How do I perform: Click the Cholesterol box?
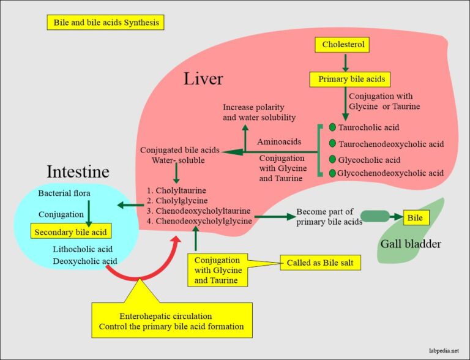click(345, 44)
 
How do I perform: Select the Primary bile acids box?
click(345, 79)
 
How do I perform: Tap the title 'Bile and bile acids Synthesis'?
click(105, 23)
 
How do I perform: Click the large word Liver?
click(204, 79)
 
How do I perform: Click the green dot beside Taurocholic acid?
click(332, 127)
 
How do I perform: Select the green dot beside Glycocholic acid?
click(332, 159)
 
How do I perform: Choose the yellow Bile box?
click(416, 217)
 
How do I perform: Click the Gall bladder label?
click(411, 244)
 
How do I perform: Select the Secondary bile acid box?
click(71, 232)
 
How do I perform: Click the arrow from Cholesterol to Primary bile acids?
click(345, 62)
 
